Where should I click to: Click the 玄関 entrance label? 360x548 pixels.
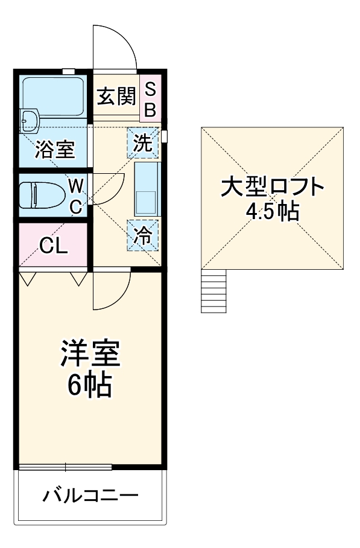(x=115, y=96)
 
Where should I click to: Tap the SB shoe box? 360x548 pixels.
(x=150, y=99)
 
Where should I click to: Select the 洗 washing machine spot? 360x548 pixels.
(x=143, y=144)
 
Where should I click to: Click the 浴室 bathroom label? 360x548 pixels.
(x=54, y=148)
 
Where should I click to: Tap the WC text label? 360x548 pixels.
(x=75, y=195)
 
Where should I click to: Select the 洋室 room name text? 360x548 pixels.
(x=90, y=354)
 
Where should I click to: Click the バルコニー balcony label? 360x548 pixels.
(x=90, y=496)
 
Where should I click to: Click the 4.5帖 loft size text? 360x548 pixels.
(x=273, y=211)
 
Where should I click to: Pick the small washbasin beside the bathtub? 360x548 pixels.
(x=29, y=121)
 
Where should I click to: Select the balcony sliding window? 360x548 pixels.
(x=65, y=466)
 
